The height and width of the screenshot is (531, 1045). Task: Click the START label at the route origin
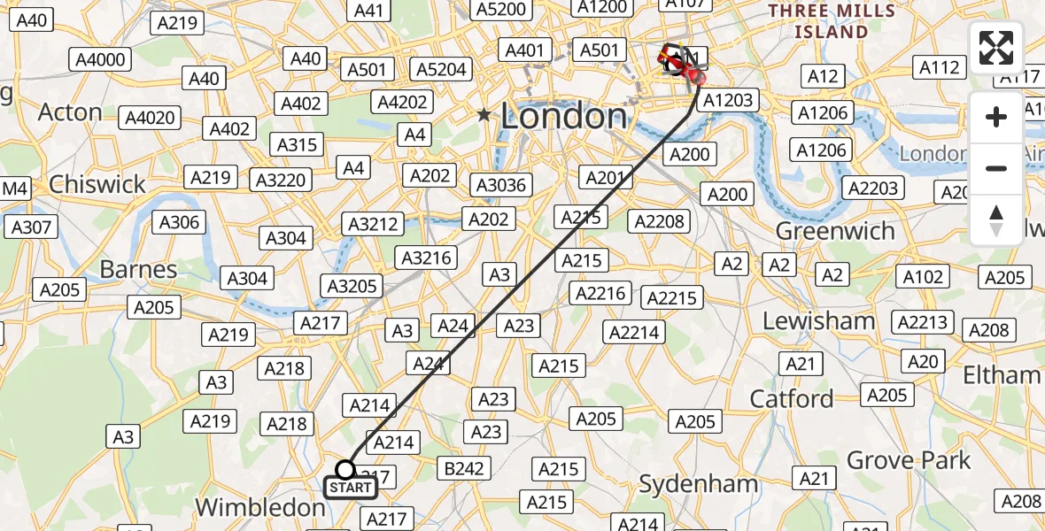coord(350,488)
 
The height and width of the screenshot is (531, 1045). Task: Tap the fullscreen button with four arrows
coord(996,48)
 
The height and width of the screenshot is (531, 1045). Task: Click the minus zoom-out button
coord(996,168)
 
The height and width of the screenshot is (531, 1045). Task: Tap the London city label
coord(564,116)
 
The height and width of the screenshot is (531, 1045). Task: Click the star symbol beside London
coord(484,115)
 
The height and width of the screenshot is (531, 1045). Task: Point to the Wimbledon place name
coord(260,508)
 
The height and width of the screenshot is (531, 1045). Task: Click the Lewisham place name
coord(818,320)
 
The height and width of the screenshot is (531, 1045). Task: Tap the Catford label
coord(792,399)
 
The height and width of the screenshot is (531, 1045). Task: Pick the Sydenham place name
coord(699,484)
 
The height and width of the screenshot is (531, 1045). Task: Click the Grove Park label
coord(909,460)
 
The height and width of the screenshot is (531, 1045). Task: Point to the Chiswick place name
coord(97,184)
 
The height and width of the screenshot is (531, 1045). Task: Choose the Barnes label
coord(138,269)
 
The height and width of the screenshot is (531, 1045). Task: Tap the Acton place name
coord(70,112)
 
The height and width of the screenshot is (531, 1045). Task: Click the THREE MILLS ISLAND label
coord(831,21)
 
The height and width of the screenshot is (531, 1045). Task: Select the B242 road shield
coord(463,468)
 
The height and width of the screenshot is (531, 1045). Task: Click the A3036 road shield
coord(501,185)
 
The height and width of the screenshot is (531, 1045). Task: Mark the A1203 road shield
coord(728,100)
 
